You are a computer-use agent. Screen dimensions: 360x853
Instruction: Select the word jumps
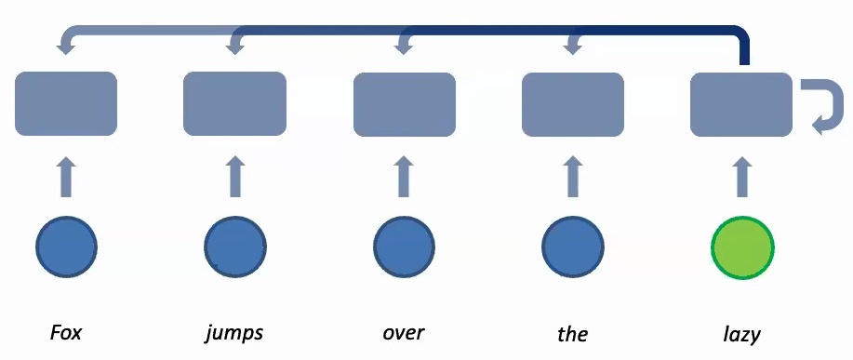pos(234,332)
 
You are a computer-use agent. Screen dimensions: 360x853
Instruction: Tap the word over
pos(404,332)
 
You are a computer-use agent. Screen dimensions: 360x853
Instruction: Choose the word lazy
pos(742,332)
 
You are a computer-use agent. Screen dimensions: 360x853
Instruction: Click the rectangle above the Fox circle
pos(66,103)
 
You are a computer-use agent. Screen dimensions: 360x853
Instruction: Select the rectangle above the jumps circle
pos(234,103)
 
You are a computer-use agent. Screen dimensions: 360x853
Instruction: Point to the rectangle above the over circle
pos(405,103)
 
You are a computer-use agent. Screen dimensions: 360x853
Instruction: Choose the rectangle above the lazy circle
pos(741,103)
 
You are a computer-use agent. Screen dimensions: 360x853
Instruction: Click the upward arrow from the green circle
pos(742,177)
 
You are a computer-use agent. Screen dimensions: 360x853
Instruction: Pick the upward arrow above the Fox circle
pos(66,177)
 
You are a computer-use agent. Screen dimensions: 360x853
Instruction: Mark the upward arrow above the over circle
pos(405,177)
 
